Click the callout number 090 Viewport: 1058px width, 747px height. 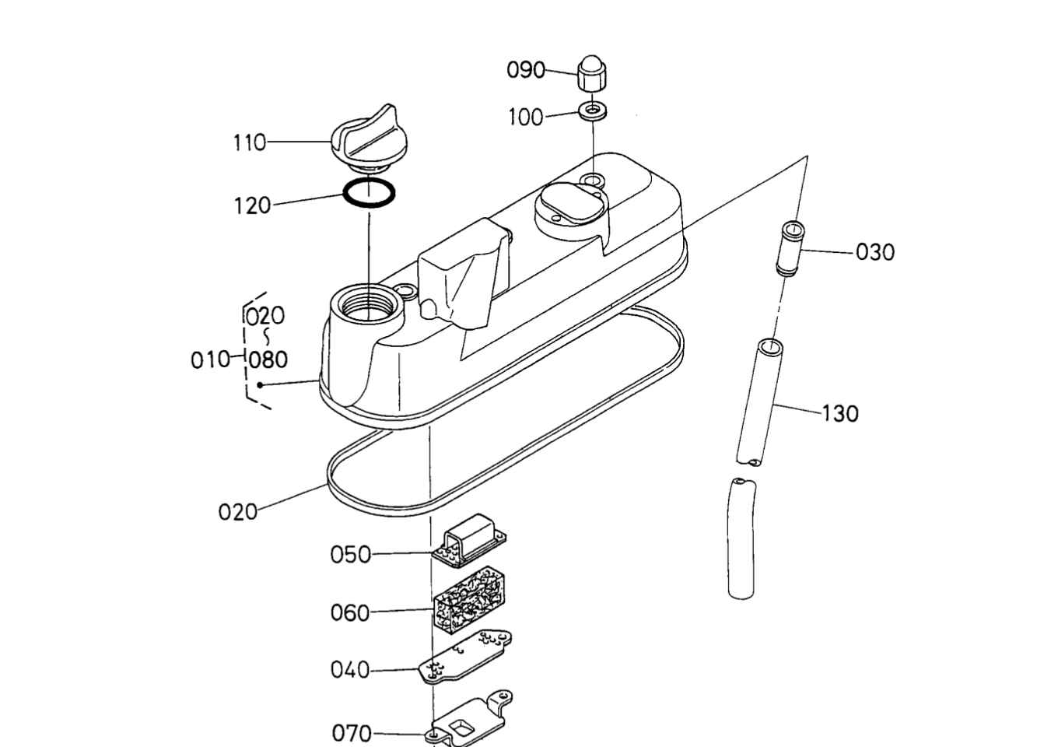(526, 70)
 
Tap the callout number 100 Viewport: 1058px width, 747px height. (526, 117)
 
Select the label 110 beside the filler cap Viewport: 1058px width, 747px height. (249, 142)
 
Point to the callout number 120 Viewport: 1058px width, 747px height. (252, 205)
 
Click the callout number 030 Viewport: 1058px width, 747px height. (875, 252)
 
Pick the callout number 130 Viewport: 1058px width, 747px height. (840, 413)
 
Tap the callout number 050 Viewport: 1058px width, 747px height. (351, 554)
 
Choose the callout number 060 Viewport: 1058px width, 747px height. (350, 613)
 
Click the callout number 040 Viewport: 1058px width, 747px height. (350, 670)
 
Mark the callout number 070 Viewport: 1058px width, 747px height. (352, 733)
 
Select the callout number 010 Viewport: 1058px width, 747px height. (210, 359)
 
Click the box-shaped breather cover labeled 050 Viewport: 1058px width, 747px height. (471, 538)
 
